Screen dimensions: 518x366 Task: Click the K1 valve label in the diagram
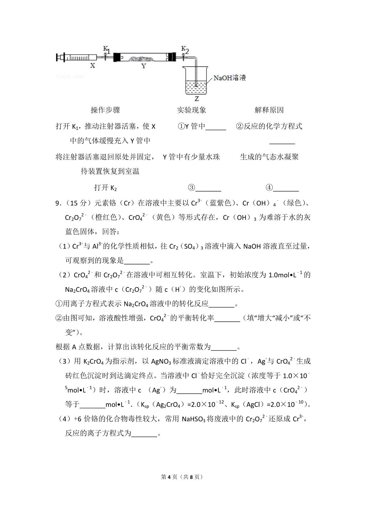click(x=106, y=49)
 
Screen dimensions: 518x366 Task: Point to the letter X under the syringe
click(x=93, y=66)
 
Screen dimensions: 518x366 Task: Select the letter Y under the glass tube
click(x=144, y=66)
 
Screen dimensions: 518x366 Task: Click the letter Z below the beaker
click(x=197, y=99)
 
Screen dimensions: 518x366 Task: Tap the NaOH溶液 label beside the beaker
click(x=229, y=78)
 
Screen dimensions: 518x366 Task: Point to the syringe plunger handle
click(x=58, y=57)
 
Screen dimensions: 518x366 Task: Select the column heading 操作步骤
click(x=105, y=110)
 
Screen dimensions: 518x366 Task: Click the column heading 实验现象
click(x=192, y=110)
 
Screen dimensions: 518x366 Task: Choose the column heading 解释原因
click(x=269, y=110)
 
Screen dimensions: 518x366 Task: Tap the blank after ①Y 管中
click(x=216, y=127)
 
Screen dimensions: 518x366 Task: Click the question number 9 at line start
click(x=57, y=203)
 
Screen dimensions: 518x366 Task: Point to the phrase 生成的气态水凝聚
click(x=269, y=157)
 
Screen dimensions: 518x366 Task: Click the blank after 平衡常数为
click(x=224, y=347)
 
